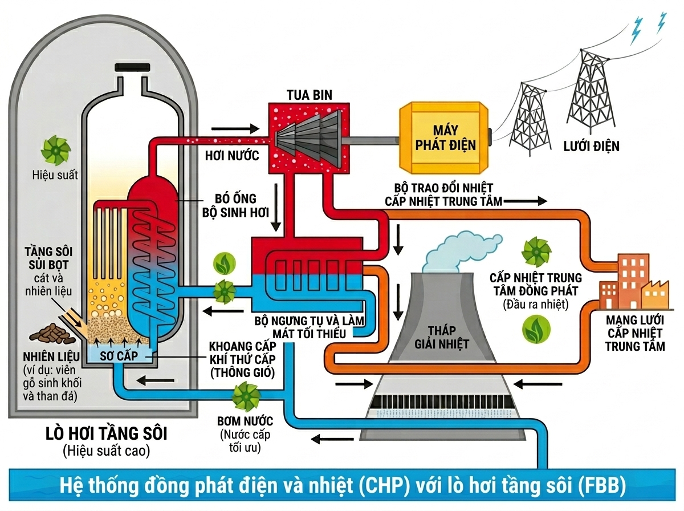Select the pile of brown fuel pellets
52,334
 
